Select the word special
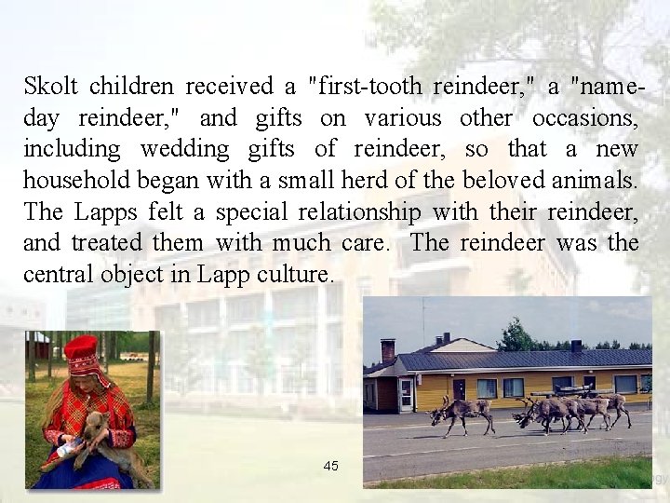(252, 211)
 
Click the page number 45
(331, 466)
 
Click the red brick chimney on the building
(387, 349)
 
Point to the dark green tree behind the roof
(517, 334)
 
